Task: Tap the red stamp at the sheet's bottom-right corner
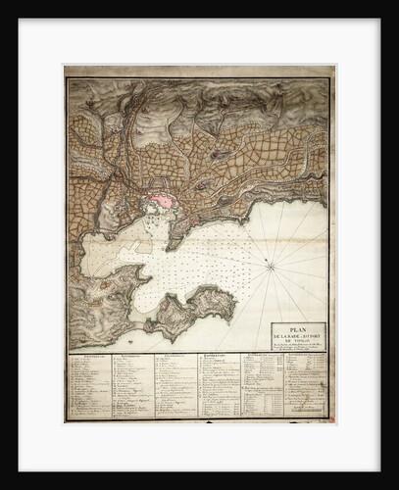coord(330,419)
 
